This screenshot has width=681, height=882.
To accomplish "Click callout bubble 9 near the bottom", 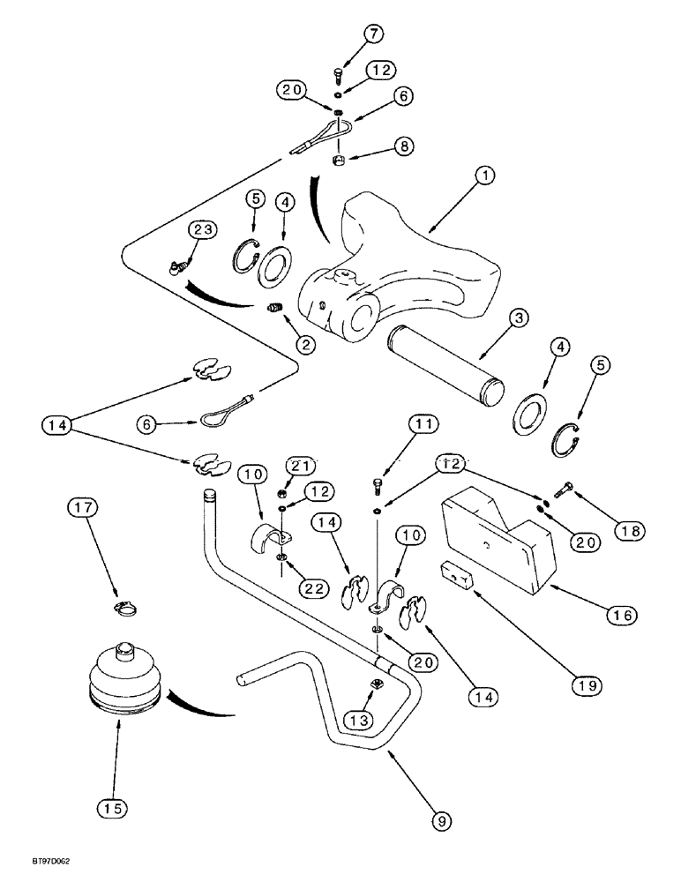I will pyautogui.click(x=442, y=821).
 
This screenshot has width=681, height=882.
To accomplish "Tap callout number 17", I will pyautogui.click(x=82, y=507).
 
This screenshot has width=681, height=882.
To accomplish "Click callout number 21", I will pyautogui.click(x=299, y=465).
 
